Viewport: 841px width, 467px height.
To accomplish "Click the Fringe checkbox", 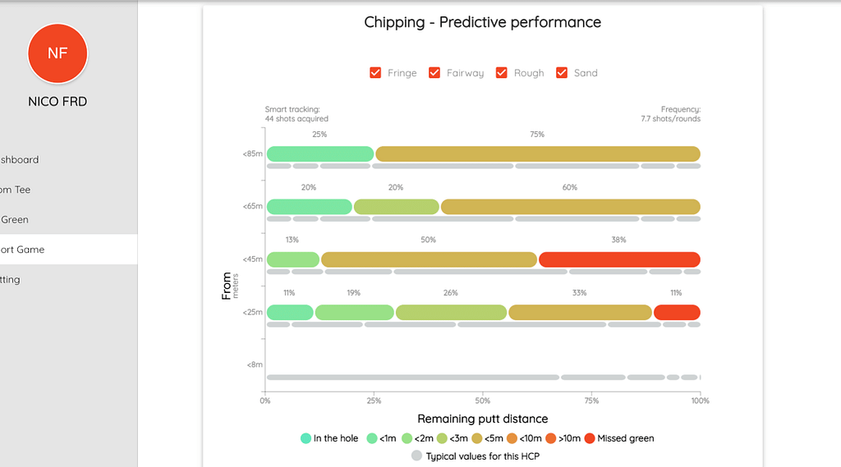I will click(375, 72).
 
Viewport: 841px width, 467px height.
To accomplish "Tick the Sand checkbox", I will click(562, 72).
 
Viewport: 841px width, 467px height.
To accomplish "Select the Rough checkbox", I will click(502, 72).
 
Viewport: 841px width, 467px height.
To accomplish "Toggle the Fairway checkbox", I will click(434, 72).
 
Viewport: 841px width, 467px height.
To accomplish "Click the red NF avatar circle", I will click(57, 53).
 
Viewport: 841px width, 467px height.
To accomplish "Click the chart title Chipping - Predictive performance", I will click(482, 22).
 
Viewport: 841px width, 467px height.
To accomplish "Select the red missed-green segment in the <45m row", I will click(618, 259).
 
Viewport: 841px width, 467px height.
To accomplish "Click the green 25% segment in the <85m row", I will click(320, 153).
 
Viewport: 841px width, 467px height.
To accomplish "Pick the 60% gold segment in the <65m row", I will click(570, 207).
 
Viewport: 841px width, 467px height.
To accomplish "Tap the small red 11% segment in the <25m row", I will click(677, 312).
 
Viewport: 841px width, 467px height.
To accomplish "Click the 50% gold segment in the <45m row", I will click(429, 259).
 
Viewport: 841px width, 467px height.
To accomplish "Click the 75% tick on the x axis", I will click(591, 401).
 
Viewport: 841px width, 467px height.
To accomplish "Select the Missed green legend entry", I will click(620, 438).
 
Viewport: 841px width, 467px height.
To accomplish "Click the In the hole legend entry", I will click(329, 438).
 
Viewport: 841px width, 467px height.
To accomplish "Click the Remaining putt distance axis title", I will click(482, 419).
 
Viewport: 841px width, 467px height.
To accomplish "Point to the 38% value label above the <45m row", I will click(618, 240).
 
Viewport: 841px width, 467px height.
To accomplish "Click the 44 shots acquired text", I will click(296, 119).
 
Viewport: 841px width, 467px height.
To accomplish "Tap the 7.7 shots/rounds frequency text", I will click(670, 119).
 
